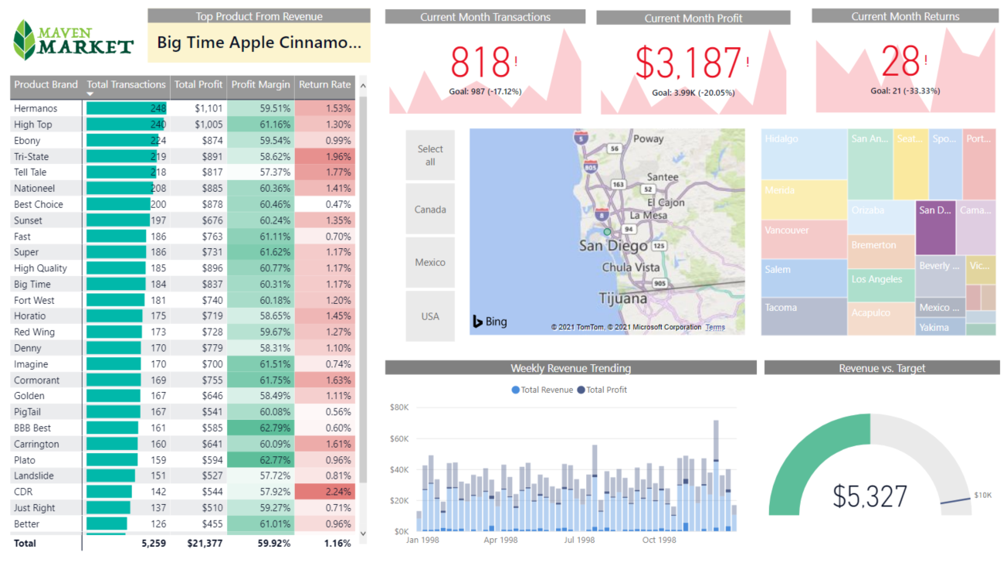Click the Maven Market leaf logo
(x=25, y=40)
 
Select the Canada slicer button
(x=430, y=210)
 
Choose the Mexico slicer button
(x=430, y=262)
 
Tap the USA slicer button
(x=430, y=316)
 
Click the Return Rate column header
(x=324, y=85)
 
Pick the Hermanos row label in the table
(x=36, y=109)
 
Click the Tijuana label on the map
(x=623, y=298)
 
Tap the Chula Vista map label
(x=631, y=268)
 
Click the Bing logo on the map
(x=490, y=322)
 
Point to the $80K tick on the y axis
(x=399, y=407)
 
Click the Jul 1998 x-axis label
(x=580, y=540)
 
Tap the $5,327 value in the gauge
(x=870, y=496)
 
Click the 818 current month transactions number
(x=480, y=63)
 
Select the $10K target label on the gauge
(x=982, y=495)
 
